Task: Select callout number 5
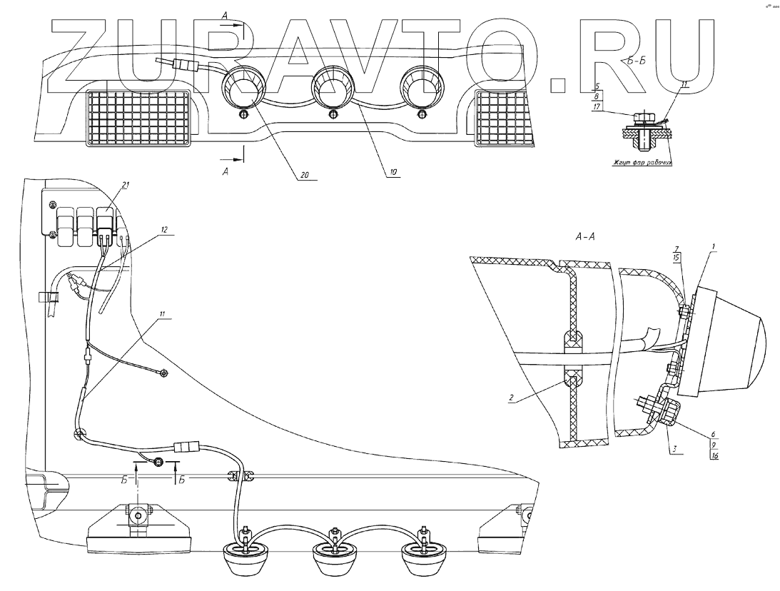click(x=596, y=87)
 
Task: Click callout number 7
click(x=676, y=248)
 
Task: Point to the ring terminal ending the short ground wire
click(x=164, y=372)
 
